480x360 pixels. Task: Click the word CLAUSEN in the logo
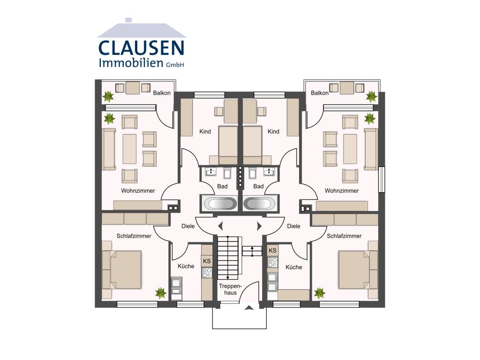(141, 48)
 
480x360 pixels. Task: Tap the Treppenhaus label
(230, 289)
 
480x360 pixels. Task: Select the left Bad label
(222, 187)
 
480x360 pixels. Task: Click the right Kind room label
(273, 132)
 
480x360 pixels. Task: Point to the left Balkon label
(162, 93)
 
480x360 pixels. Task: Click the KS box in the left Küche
(207, 261)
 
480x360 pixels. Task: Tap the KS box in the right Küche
(272, 251)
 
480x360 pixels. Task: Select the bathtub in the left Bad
(219, 204)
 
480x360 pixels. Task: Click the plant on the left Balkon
(108, 97)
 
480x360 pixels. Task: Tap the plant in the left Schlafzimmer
(161, 293)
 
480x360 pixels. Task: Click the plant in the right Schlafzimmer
(320, 293)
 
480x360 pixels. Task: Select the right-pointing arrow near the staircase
(259, 226)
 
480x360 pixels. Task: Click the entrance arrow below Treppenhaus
(249, 308)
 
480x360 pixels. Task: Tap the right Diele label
(293, 226)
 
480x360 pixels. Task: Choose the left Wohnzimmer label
(138, 191)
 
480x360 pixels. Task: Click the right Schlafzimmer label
(345, 236)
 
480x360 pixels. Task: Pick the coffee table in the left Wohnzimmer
(129, 149)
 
